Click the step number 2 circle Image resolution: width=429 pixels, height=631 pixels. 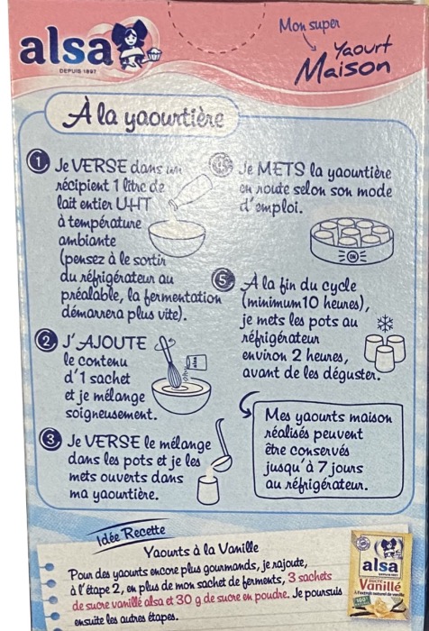[41, 341]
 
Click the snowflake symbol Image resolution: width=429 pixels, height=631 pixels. [385, 323]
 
